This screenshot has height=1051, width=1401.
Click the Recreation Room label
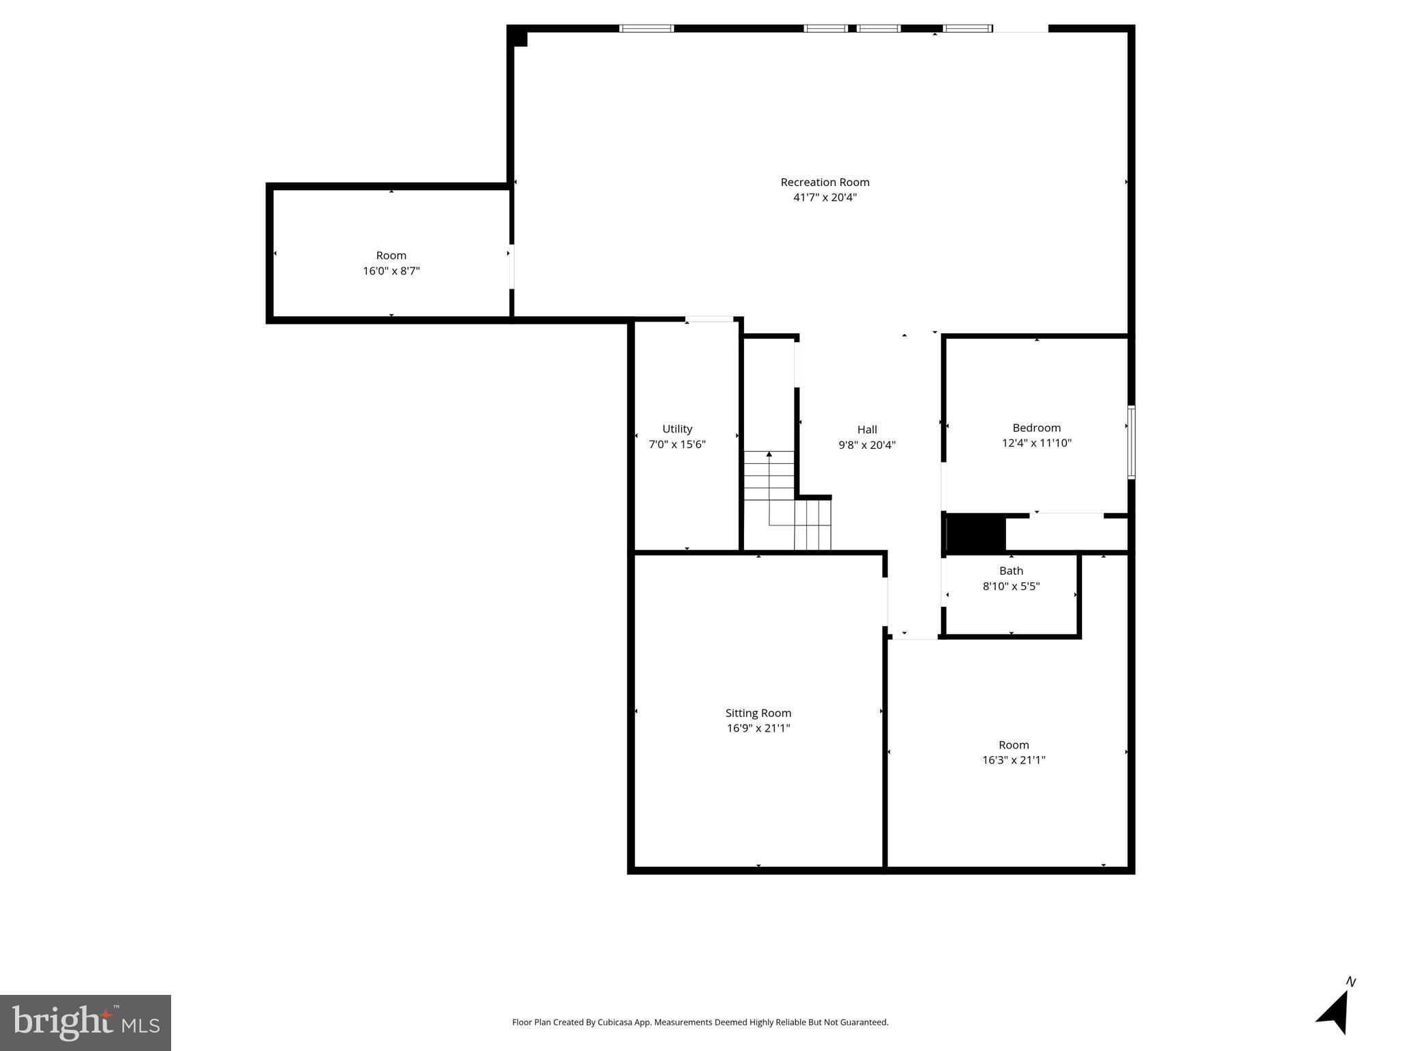click(825, 182)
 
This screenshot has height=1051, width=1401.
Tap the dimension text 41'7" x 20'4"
click(825, 198)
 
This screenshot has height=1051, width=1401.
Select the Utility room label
click(677, 429)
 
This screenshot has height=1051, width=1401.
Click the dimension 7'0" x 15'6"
click(677, 445)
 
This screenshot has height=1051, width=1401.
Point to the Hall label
click(866, 430)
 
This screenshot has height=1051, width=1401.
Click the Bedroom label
click(1036, 428)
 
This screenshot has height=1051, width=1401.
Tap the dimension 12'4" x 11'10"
click(1036, 443)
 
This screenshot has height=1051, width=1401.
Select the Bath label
click(1011, 571)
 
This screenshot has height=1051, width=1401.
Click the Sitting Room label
click(758, 713)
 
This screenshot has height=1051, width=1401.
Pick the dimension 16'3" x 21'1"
click(1014, 760)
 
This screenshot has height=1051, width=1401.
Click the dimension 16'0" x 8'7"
click(391, 271)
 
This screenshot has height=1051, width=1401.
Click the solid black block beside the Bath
click(975, 534)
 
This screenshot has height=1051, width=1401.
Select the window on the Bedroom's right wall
click(1131, 442)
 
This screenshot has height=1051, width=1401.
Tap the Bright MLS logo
click(86, 1022)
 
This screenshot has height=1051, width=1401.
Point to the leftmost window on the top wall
click(646, 29)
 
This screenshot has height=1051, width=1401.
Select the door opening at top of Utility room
click(709, 319)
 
